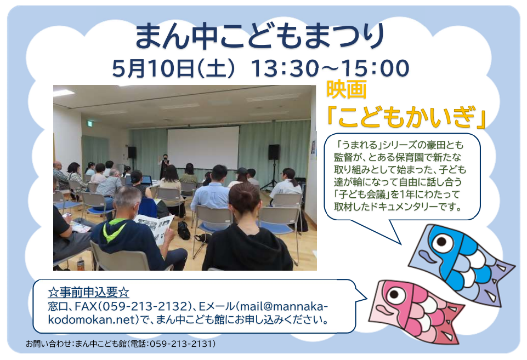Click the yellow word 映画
pos(347,89)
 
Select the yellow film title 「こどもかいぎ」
pos(406,117)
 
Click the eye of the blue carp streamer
pos(441,242)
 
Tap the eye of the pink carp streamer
pos(394,294)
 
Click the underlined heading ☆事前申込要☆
pos(88,292)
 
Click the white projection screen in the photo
pos(203,147)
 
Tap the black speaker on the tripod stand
pos(274,152)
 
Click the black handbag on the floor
pos(184,230)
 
